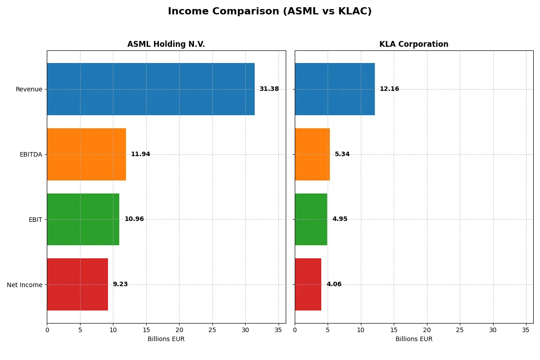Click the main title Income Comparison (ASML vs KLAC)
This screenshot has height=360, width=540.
coord(270,12)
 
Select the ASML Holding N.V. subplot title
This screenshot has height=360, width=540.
coord(166,44)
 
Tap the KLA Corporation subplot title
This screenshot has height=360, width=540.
coord(414,44)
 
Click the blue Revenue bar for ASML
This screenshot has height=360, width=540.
coord(151,89)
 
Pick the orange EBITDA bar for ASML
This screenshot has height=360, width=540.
coord(86,154)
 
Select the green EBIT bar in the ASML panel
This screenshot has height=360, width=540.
coord(83,219)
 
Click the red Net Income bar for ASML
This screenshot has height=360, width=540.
coord(77,284)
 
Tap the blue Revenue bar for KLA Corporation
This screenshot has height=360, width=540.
coord(335,89)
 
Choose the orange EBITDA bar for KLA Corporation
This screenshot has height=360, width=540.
coord(312,154)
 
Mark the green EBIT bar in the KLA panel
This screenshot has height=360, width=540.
coord(311,219)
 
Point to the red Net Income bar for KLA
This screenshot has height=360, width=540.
coord(308,284)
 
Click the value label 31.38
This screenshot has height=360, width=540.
coord(269,89)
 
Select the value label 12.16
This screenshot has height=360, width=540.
coord(389,89)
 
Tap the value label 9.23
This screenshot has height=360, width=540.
coord(120,284)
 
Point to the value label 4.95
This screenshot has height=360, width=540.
coord(340,219)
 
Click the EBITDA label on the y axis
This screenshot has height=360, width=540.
coord(31,154)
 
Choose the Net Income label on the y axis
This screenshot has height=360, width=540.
coord(25,285)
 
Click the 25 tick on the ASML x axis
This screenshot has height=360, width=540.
coord(212,330)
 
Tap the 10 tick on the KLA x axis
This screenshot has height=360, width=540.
coord(361,330)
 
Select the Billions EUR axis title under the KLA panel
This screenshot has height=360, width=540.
coord(414,339)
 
